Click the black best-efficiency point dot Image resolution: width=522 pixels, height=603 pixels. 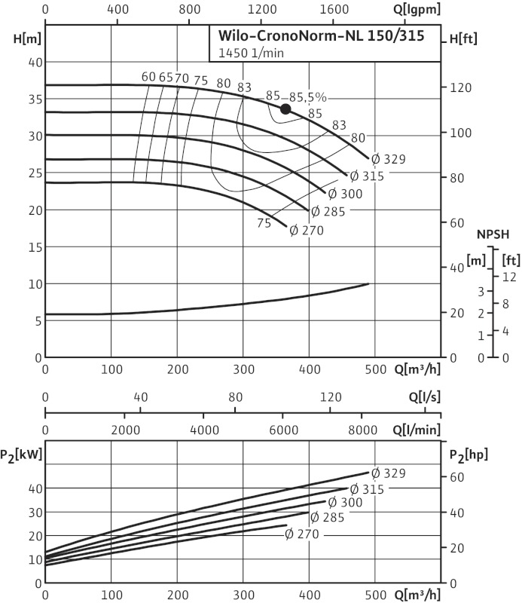coord(285,109)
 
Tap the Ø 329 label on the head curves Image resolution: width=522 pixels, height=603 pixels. coord(389,159)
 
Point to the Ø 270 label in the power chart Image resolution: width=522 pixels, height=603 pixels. coord(302,534)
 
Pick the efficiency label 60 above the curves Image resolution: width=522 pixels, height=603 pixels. coord(148,77)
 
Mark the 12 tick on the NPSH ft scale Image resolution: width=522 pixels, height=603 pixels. coord(509,277)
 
